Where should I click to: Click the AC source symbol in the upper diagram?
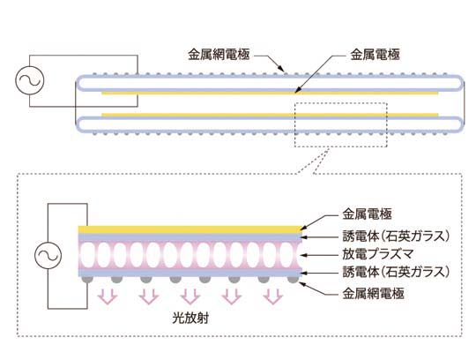[x=30, y=80]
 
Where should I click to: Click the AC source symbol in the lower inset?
[x=48, y=255]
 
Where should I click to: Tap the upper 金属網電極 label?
[x=219, y=55]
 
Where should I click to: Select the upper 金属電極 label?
[x=375, y=55]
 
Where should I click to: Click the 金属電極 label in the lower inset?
[x=367, y=214]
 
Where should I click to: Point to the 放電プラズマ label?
[x=377, y=254]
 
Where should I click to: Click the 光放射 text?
[x=190, y=318]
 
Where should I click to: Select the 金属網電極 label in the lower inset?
[x=373, y=294]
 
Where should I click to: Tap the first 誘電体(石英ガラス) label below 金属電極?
[x=396, y=236]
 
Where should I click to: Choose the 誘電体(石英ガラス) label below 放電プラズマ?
[x=396, y=272]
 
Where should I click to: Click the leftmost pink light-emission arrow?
[x=108, y=296]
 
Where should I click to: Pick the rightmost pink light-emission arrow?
[x=273, y=296]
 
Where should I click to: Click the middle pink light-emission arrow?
[x=190, y=296]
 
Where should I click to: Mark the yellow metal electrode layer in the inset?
[x=190, y=229]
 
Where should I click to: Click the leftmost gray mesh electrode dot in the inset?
[x=86, y=280]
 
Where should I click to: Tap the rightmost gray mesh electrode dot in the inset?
[x=293, y=280]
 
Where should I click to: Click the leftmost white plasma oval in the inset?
[x=86, y=255]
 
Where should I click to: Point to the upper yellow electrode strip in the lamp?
[x=270, y=93]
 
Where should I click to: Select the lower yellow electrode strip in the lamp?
[x=270, y=115]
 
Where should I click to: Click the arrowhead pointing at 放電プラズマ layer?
[x=302, y=255]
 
